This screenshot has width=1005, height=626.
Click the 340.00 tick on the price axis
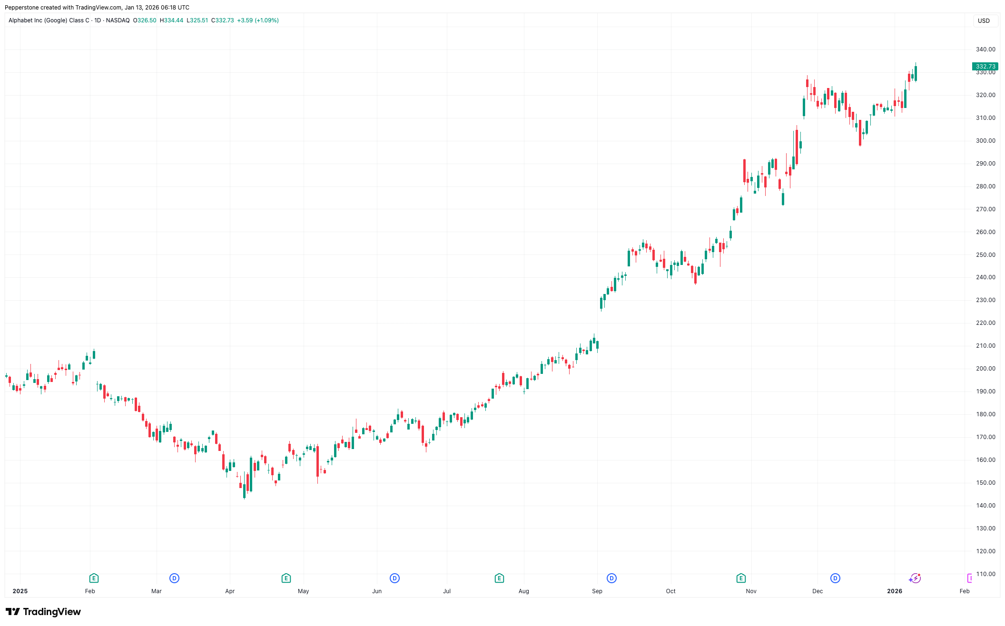tap(985, 49)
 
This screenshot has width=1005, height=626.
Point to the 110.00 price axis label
tap(985, 574)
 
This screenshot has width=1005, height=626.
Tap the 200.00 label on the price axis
tap(985, 369)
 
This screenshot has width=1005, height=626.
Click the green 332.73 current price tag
tap(985, 67)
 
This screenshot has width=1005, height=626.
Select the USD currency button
tap(984, 21)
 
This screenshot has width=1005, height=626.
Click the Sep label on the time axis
tap(597, 591)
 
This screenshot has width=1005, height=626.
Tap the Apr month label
tap(230, 591)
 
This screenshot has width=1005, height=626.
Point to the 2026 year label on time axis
tap(895, 591)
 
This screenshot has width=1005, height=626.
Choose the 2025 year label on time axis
tap(20, 591)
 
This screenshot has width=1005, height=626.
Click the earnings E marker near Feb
tap(94, 578)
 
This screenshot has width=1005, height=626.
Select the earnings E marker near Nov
tap(741, 578)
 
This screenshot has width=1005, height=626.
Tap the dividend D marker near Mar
tap(174, 578)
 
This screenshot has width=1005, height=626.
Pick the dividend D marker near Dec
tap(835, 578)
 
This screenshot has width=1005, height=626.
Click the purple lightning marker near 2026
tap(915, 578)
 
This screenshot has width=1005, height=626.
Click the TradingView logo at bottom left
tap(43, 612)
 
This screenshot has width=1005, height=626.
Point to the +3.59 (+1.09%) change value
tap(258, 20)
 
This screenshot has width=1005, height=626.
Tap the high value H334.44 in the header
tap(171, 20)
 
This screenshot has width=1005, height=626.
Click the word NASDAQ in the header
tap(118, 20)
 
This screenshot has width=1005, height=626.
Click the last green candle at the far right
tap(916, 74)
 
